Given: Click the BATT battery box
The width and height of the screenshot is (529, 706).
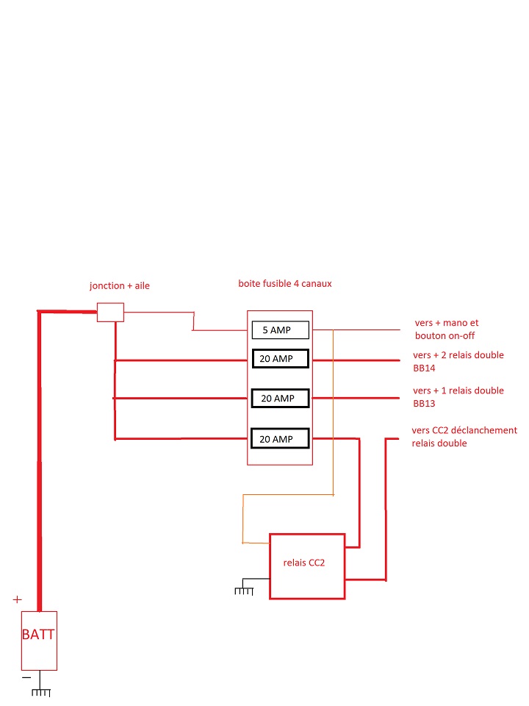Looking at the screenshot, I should (38, 640).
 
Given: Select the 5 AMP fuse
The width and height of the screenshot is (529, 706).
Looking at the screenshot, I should (280, 330).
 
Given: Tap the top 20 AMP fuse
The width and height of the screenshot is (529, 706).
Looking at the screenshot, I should (279, 360).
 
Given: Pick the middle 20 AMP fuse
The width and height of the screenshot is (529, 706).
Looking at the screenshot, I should (279, 398).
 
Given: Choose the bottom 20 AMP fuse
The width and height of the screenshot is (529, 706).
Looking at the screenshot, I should (279, 439).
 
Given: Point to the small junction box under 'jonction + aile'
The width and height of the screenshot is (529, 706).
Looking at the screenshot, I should (110, 313).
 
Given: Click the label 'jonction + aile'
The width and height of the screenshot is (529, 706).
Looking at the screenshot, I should (119, 285).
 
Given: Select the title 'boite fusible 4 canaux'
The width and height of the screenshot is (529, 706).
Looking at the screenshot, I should (285, 283).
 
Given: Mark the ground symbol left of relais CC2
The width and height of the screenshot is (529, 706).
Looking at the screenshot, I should (244, 590).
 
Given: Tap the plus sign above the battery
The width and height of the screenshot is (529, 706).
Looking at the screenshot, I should (18, 599).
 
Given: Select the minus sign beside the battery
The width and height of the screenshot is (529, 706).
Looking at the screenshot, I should (26, 676).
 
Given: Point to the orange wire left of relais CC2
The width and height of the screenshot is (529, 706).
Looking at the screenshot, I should (243, 518).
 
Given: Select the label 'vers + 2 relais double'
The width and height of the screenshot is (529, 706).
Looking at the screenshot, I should (458, 355).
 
